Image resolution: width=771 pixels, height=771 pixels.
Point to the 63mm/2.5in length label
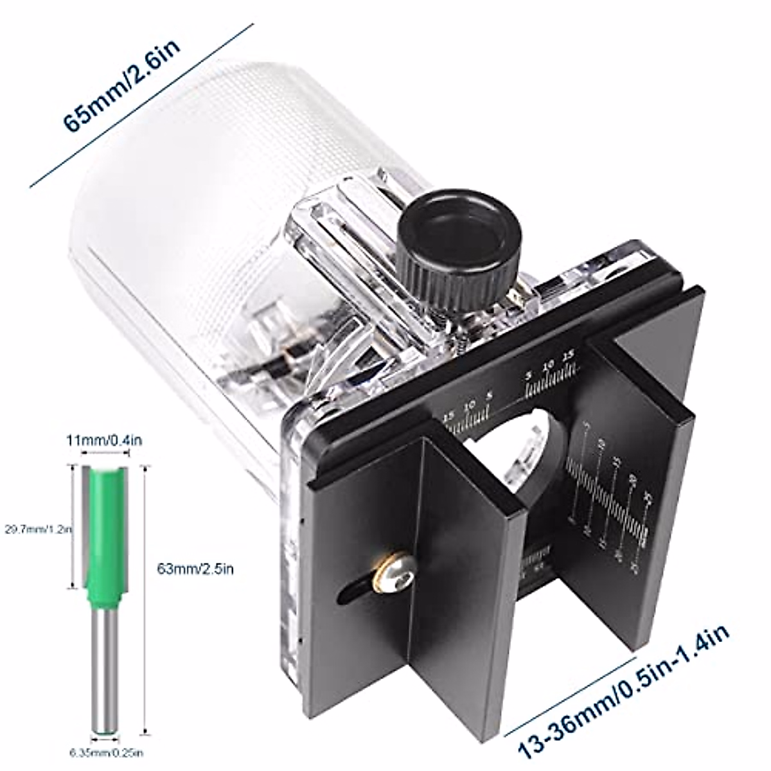(186, 568)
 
